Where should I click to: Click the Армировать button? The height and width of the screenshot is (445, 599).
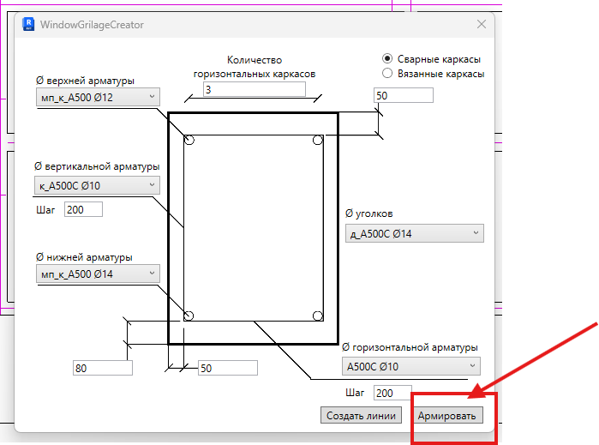coord(447,415)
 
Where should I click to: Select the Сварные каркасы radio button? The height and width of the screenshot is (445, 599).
coord(387,58)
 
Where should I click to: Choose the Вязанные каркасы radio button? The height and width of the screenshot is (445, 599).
coord(387,73)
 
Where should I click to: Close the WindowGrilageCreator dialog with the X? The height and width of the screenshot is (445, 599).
coord(482,25)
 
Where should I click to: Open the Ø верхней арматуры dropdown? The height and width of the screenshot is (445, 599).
coord(98,97)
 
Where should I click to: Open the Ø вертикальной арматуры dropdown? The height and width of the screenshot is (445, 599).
coord(97,185)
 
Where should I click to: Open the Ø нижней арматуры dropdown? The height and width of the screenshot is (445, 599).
coord(98,274)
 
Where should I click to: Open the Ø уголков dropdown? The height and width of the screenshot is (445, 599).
coord(415,233)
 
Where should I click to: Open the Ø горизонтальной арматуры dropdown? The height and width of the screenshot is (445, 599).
coord(411,366)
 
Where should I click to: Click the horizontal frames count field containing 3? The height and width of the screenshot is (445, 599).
coord(255,89)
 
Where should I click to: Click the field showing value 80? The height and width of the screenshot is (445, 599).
coord(103,368)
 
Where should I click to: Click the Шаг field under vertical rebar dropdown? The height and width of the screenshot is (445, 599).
coord(83,209)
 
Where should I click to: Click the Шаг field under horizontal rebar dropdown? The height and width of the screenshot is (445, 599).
coord(392,393)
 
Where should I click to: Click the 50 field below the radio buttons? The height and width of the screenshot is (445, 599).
coord(404,95)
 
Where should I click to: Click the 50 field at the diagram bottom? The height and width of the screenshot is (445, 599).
coord(228,368)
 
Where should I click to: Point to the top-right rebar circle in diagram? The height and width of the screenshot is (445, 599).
coord(317,141)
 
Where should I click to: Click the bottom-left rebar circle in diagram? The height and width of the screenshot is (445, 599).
coord(189,316)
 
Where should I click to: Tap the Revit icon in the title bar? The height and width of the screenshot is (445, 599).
coord(28,24)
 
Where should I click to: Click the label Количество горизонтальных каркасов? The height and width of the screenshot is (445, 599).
coord(255,67)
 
